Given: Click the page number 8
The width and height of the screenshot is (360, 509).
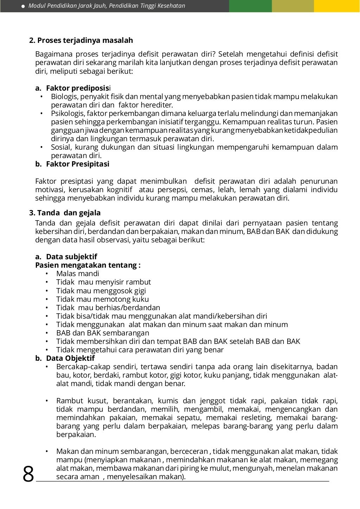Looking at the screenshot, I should [x=28, y=474].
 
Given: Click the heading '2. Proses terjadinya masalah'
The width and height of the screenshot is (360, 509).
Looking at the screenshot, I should [x=81, y=40].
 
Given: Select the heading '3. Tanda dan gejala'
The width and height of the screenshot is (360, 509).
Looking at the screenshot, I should [x=65, y=213].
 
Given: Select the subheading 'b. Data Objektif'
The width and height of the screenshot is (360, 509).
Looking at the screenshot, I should [x=65, y=358].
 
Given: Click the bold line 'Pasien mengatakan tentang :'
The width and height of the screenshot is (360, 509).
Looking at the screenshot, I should [x=88, y=265].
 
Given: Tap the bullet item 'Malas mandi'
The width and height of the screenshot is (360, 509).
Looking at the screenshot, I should [x=78, y=274].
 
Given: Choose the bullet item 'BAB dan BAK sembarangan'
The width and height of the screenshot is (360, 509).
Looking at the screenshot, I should [x=103, y=333].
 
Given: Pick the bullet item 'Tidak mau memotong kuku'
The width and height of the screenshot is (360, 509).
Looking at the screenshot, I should [x=102, y=299].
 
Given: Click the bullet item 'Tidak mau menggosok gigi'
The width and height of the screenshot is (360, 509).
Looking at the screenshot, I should [x=101, y=291].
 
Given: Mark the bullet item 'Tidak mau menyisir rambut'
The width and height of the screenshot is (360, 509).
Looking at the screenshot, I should [x=103, y=282].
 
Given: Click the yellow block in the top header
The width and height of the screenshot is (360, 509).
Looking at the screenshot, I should [x=337, y=6].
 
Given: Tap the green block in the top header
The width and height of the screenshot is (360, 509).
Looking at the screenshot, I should [x=250, y=6].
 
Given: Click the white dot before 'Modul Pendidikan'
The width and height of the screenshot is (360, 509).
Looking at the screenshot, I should [x=23, y=6].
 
